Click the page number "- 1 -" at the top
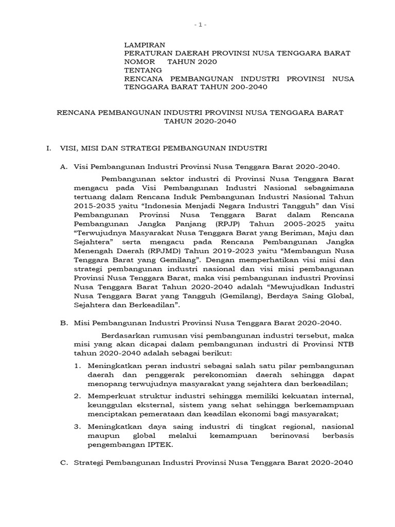pos(201,24)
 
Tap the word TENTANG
pos(143,70)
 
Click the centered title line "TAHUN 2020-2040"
pos(200,121)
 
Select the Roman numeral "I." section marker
pos(49,148)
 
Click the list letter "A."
pos(64,166)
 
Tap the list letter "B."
pos(64,323)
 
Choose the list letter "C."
pos(64,463)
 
